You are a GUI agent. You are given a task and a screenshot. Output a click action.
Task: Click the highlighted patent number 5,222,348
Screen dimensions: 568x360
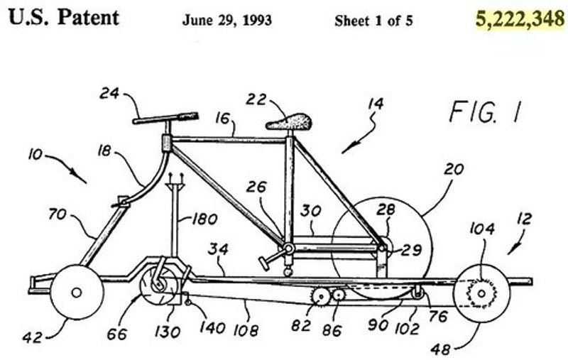[520, 19]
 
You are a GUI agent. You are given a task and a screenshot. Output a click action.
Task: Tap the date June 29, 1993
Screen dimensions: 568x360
[227, 20]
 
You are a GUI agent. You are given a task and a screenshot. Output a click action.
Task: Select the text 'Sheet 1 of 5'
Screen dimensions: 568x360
[373, 21]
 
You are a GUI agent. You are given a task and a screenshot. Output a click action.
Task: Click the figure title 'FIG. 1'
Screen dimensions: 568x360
[486, 111]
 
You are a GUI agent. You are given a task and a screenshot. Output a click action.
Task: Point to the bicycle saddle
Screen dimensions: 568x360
[289, 121]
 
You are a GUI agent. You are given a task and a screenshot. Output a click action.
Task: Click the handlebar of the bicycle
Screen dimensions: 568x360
[165, 118]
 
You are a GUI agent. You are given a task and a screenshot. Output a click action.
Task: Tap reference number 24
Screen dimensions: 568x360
[109, 94]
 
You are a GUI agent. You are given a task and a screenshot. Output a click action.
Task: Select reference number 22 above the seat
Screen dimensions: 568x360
[256, 99]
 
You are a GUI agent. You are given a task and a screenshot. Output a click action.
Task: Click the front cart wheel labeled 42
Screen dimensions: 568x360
[77, 292]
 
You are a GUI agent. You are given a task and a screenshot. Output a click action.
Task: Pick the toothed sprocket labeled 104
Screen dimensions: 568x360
[481, 293]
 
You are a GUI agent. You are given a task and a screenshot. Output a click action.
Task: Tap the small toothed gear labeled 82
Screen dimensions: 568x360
[321, 297]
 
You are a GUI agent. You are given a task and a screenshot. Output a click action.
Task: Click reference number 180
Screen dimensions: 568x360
[204, 219]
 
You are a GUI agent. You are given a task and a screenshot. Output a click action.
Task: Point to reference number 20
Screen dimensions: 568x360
[454, 170]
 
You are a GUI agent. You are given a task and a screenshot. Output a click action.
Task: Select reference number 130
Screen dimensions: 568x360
[168, 332]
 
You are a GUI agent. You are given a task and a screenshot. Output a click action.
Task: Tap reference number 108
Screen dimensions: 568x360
[246, 330]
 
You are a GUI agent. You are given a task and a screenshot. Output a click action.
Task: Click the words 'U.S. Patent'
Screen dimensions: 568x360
[64, 17]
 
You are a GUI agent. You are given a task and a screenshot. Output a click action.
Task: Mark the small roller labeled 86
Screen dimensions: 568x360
[339, 295]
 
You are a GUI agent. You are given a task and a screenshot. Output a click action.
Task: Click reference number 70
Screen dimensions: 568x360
[58, 214]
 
